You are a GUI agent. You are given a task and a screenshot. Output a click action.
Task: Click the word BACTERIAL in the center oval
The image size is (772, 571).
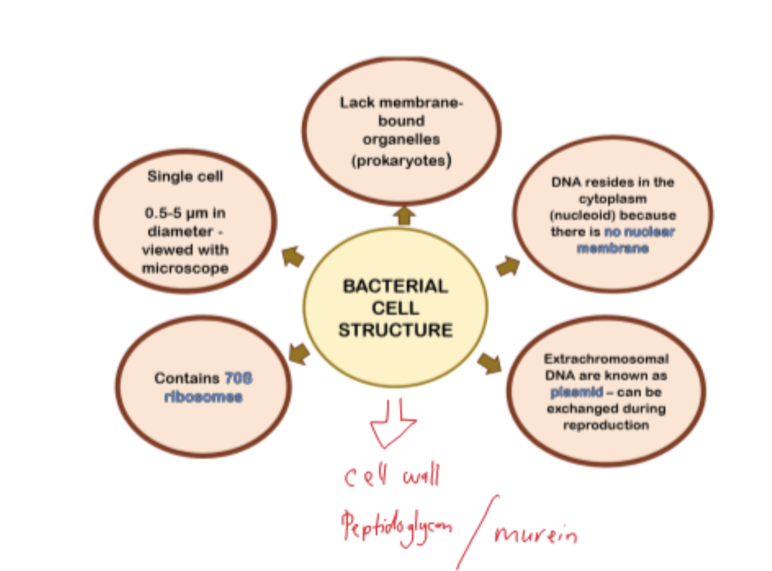(x=395, y=286)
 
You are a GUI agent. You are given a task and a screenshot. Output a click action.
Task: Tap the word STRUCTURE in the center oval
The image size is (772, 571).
(x=395, y=330)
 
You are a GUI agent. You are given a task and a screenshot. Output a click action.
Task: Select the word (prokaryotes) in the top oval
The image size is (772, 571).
(x=401, y=161)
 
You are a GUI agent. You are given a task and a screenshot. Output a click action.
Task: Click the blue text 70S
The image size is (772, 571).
(x=238, y=378)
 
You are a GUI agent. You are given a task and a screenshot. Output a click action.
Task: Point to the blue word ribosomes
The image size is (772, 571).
(x=203, y=397)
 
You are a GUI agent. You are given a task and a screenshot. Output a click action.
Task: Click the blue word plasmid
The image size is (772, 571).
(x=577, y=392)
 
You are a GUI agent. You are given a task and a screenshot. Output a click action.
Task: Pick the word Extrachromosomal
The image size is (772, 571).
(x=606, y=359)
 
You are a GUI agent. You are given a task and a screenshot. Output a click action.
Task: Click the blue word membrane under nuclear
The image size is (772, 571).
(x=612, y=248)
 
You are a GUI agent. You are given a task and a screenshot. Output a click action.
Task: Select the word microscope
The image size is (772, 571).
(x=185, y=268)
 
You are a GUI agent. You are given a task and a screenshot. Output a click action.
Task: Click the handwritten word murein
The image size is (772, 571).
(x=535, y=533)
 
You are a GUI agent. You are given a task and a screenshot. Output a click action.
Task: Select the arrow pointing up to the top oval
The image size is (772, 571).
(x=404, y=215)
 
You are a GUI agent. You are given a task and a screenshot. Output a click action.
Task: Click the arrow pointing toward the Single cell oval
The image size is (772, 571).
(x=293, y=256)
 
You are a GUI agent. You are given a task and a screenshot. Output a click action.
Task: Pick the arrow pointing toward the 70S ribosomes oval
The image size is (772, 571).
(x=299, y=353)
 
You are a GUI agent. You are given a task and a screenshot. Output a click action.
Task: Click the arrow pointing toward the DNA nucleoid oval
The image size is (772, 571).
(x=508, y=266)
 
